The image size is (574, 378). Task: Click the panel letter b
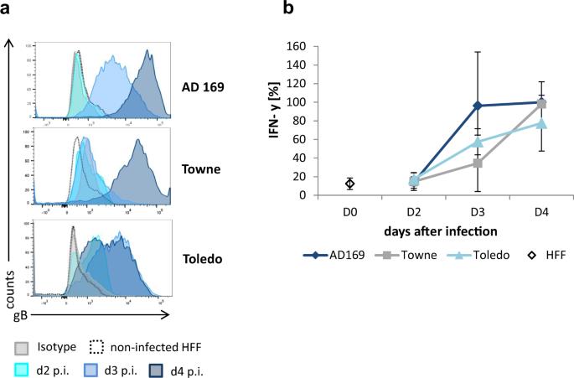(288, 9)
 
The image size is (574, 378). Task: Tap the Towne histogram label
(202, 168)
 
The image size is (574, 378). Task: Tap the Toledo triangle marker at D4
(541, 123)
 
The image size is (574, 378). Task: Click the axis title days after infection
(445, 230)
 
